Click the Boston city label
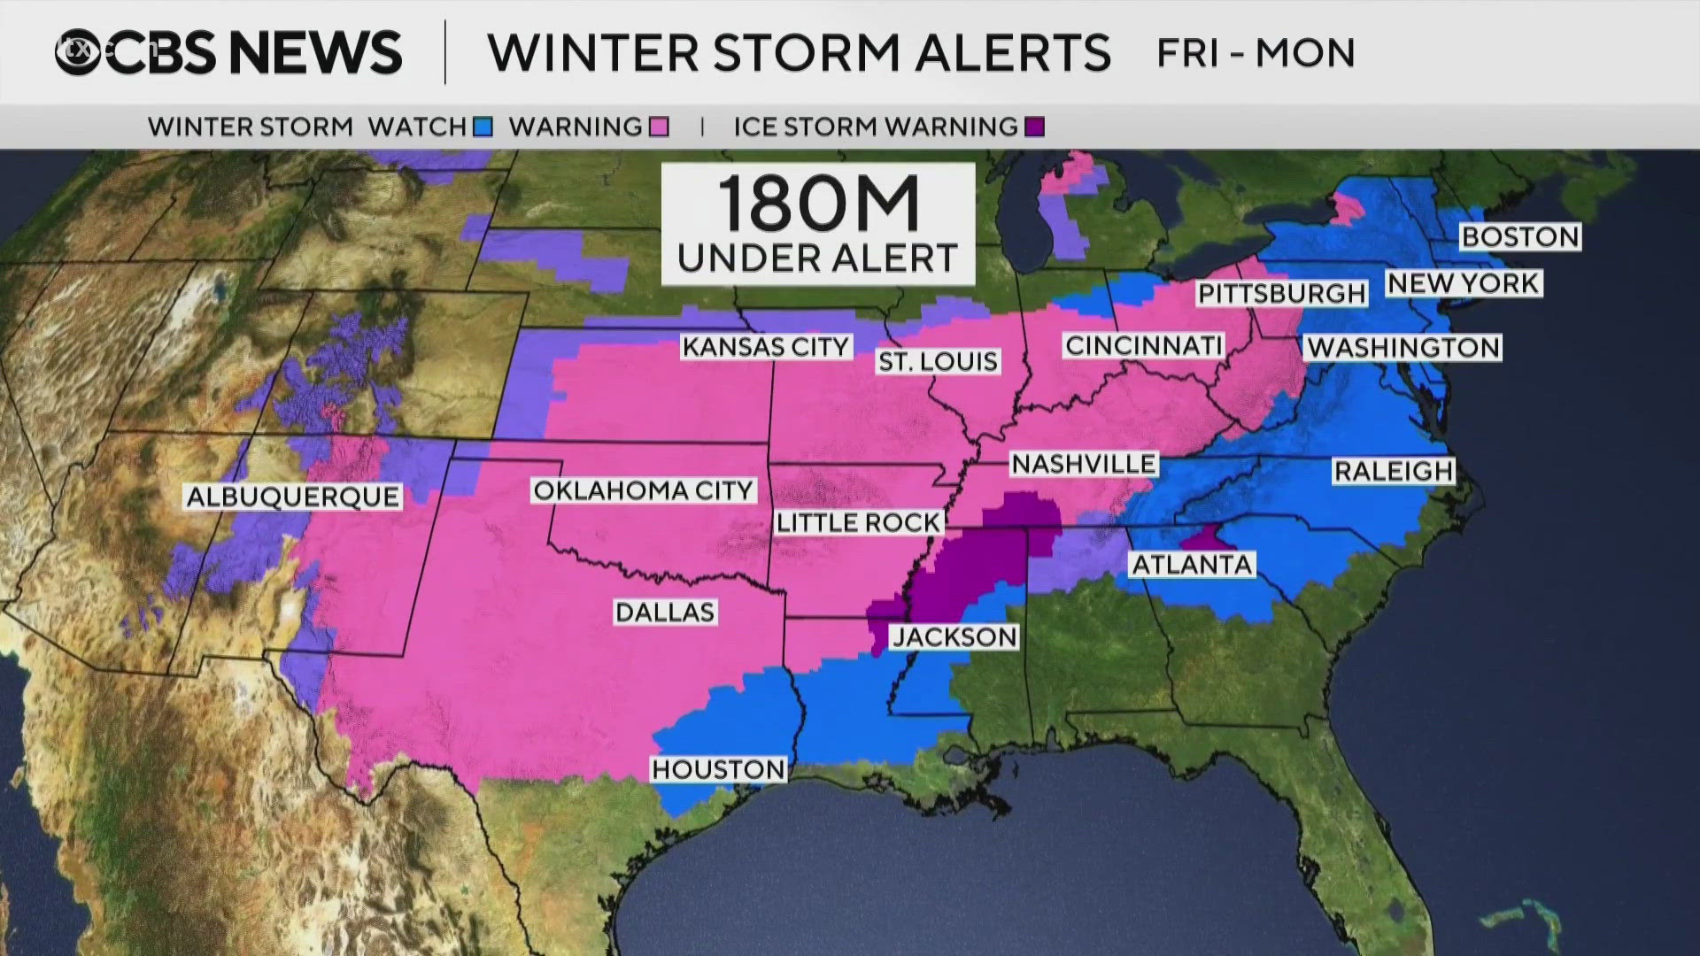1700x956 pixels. tap(1519, 236)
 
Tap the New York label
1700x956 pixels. tap(1464, 283)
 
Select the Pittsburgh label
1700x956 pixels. tap(1282, 293)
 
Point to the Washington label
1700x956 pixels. tap(1403, 347)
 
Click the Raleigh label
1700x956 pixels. tap(1394, 471)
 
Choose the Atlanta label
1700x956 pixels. tap(1192, 565)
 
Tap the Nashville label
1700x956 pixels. tap(1083, 464)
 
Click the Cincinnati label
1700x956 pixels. tap(1143, 345)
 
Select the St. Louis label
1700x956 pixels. tap(938, 361)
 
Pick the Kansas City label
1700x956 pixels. tap(766, 346)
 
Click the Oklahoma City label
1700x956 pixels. tap(643, 490)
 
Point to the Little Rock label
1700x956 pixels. tap(857, 523)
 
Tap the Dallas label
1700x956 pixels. tap(665, 612)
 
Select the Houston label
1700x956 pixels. tap(718, 769)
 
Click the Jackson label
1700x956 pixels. tap(954, 636)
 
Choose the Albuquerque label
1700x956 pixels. tap(293, 497)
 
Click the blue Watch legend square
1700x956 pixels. tap(483, 127)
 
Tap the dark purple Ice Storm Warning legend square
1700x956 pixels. tap(1034, 127)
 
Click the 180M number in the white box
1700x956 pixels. tap(818, 204)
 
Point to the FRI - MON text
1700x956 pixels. tap(1256, 53)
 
